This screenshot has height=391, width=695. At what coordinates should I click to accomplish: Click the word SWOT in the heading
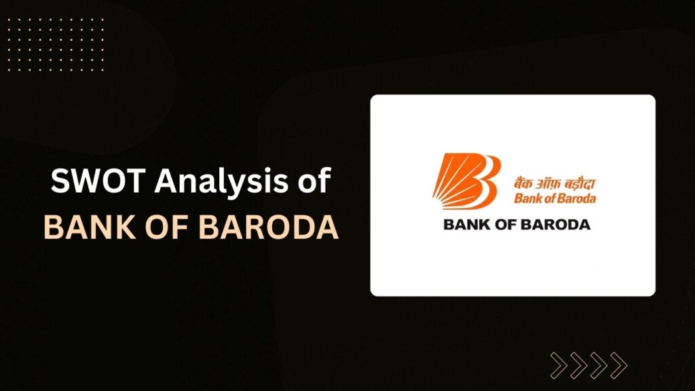(98, 181)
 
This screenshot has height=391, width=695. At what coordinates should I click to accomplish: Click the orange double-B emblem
(467, 181)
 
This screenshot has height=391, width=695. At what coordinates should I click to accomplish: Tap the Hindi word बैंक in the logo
(524, 183)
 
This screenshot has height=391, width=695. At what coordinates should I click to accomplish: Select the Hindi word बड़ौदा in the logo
(578, 183)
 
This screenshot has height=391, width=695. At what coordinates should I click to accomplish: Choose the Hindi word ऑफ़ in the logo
(547, 183)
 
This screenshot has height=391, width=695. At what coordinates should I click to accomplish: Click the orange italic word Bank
(528, 198)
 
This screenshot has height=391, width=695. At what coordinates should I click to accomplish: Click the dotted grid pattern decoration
(56, 44)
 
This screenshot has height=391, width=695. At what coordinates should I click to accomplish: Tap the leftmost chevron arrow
(559, 366)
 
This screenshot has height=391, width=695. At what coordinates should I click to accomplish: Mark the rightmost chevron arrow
(618, 366)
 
